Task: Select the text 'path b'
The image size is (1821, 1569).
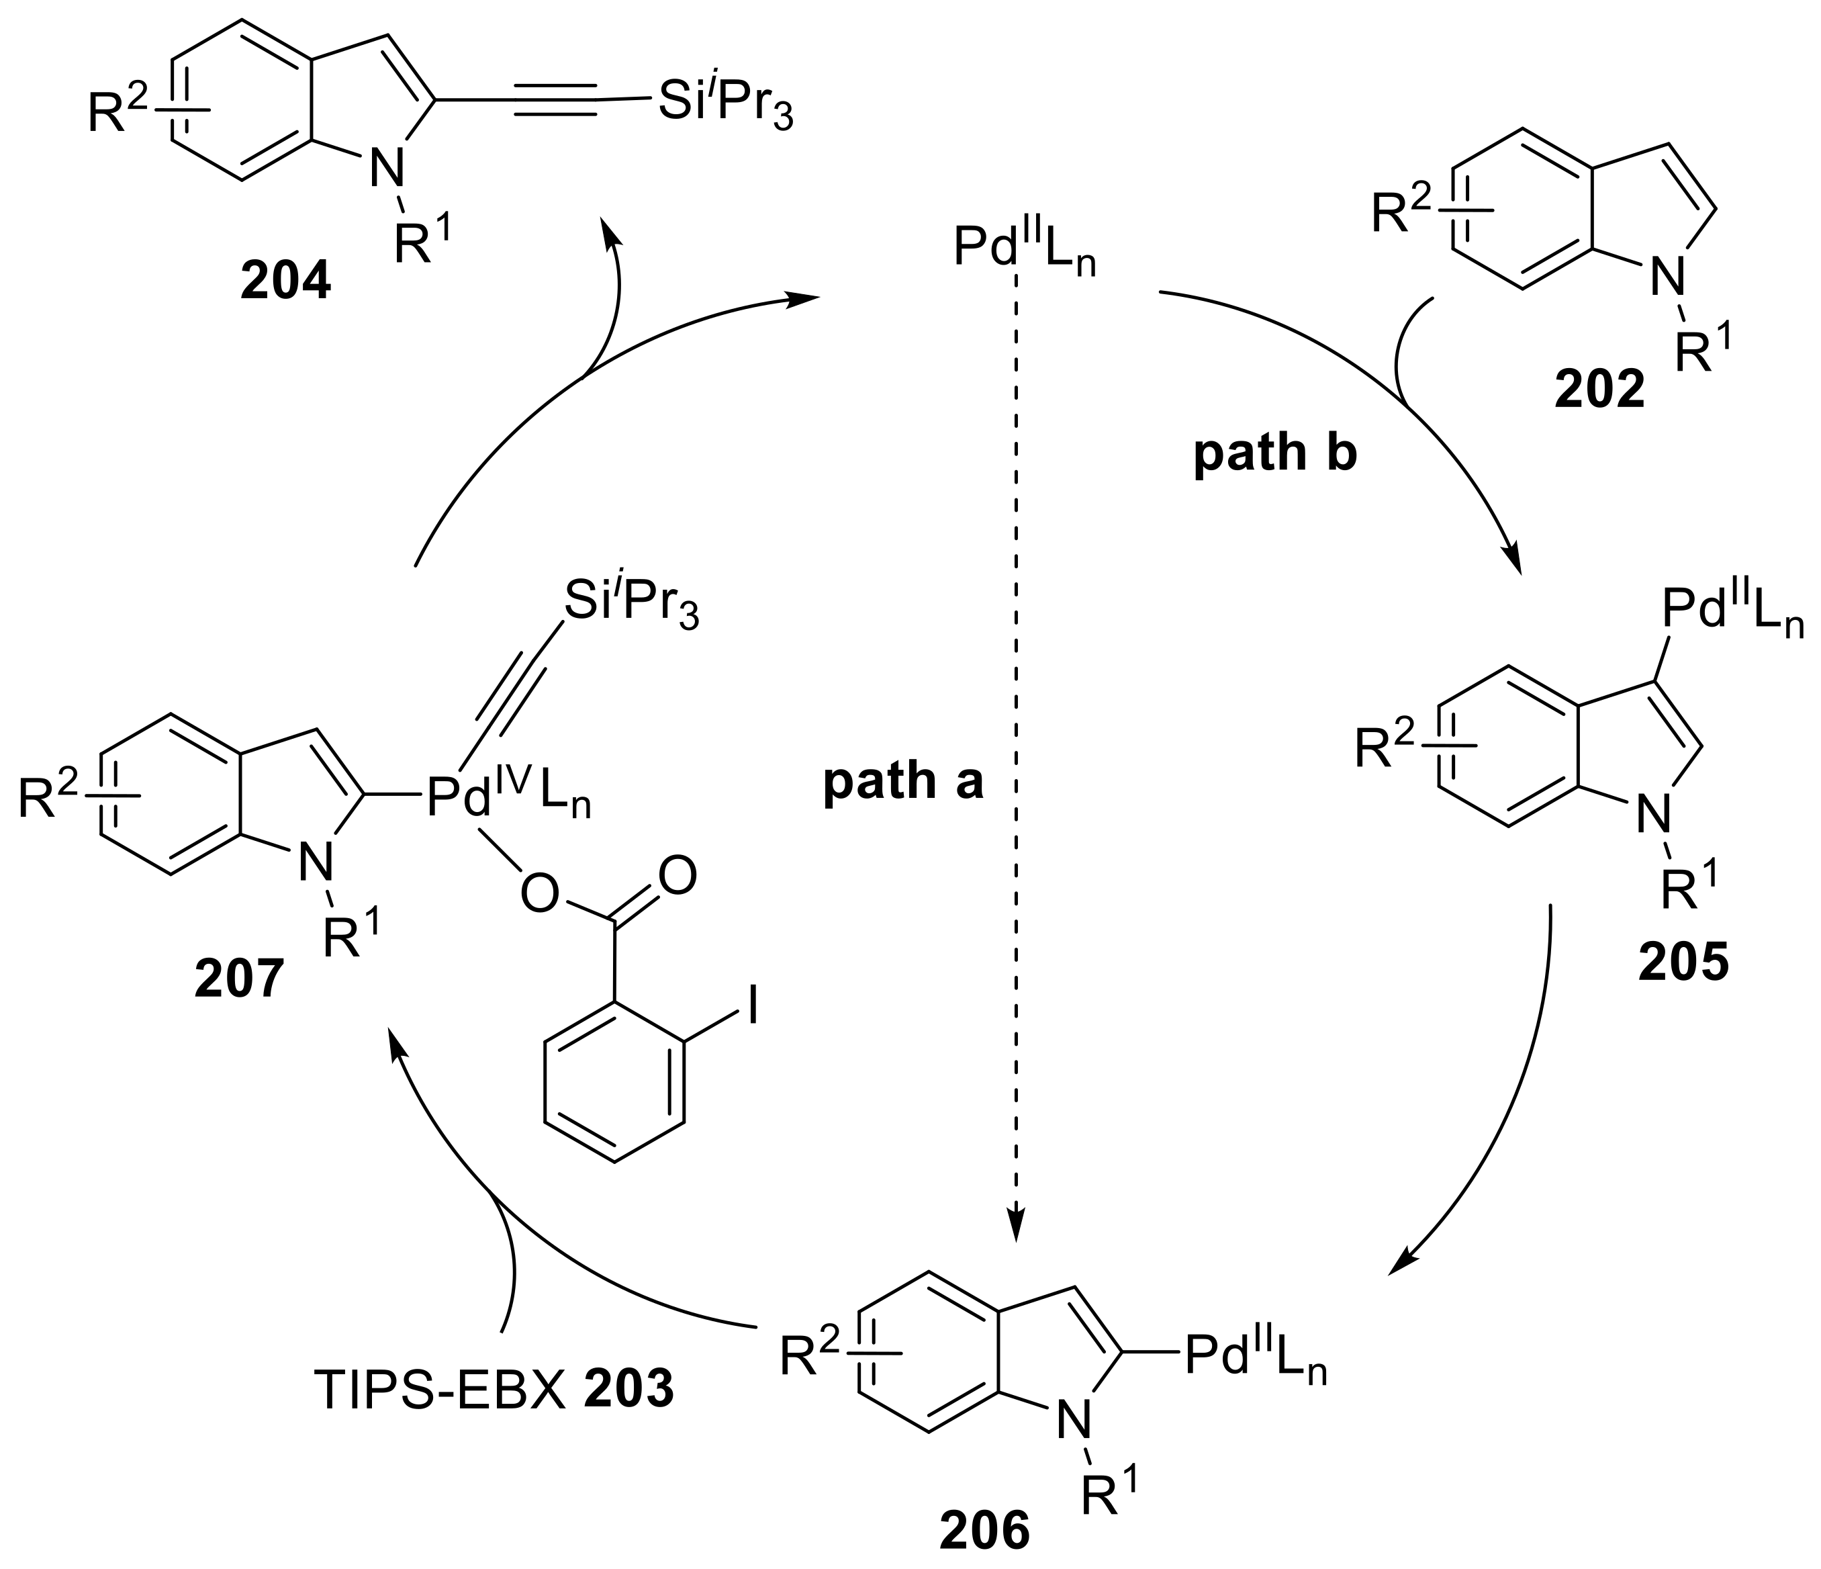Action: click(1274, 453)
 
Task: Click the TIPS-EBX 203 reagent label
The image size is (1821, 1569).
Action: click(494, 1390)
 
